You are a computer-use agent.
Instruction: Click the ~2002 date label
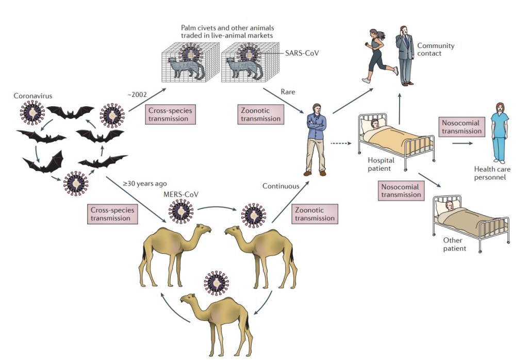pyautogui.click(x=139, y=94)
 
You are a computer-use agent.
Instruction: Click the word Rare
pyautogui.click(x=288, y=92)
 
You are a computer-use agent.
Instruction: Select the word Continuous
pyautogui.click(x=280, y=186)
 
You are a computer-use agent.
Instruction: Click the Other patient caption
pyautogui.click(x=454, y=244)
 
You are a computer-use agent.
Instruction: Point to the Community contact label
pyautogui.click(x=436, y=50)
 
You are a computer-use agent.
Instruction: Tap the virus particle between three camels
pyautogui.click(x=216, y=282)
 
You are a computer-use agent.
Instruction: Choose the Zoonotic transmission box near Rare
pyautogui.click(x=261, y=114)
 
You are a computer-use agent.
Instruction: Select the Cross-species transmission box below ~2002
pyautogui.click(x=172, y=114)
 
